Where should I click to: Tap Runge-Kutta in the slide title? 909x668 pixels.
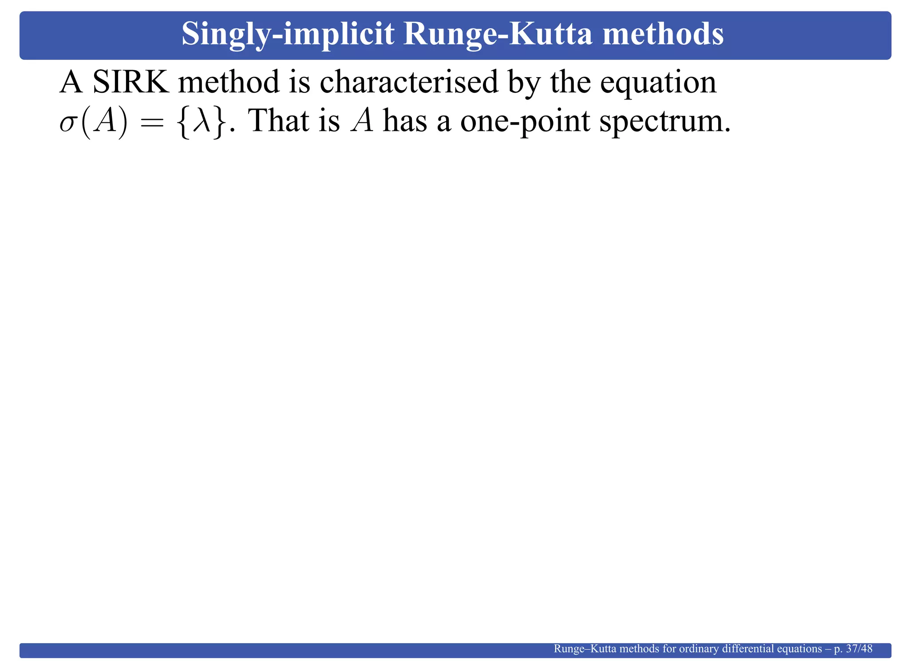point(498,35)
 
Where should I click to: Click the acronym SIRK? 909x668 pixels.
point(130,83)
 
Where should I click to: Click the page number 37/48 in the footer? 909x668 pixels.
point(859,649)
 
